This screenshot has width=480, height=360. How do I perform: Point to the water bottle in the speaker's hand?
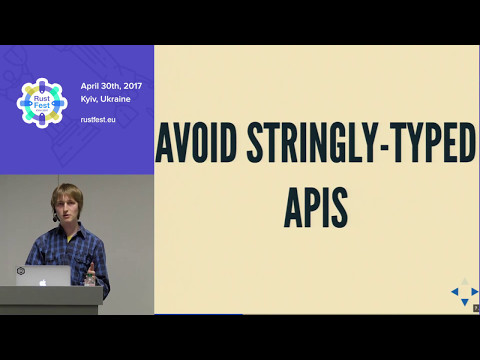coord(92,273)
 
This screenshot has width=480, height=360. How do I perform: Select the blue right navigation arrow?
coord(473,293)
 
